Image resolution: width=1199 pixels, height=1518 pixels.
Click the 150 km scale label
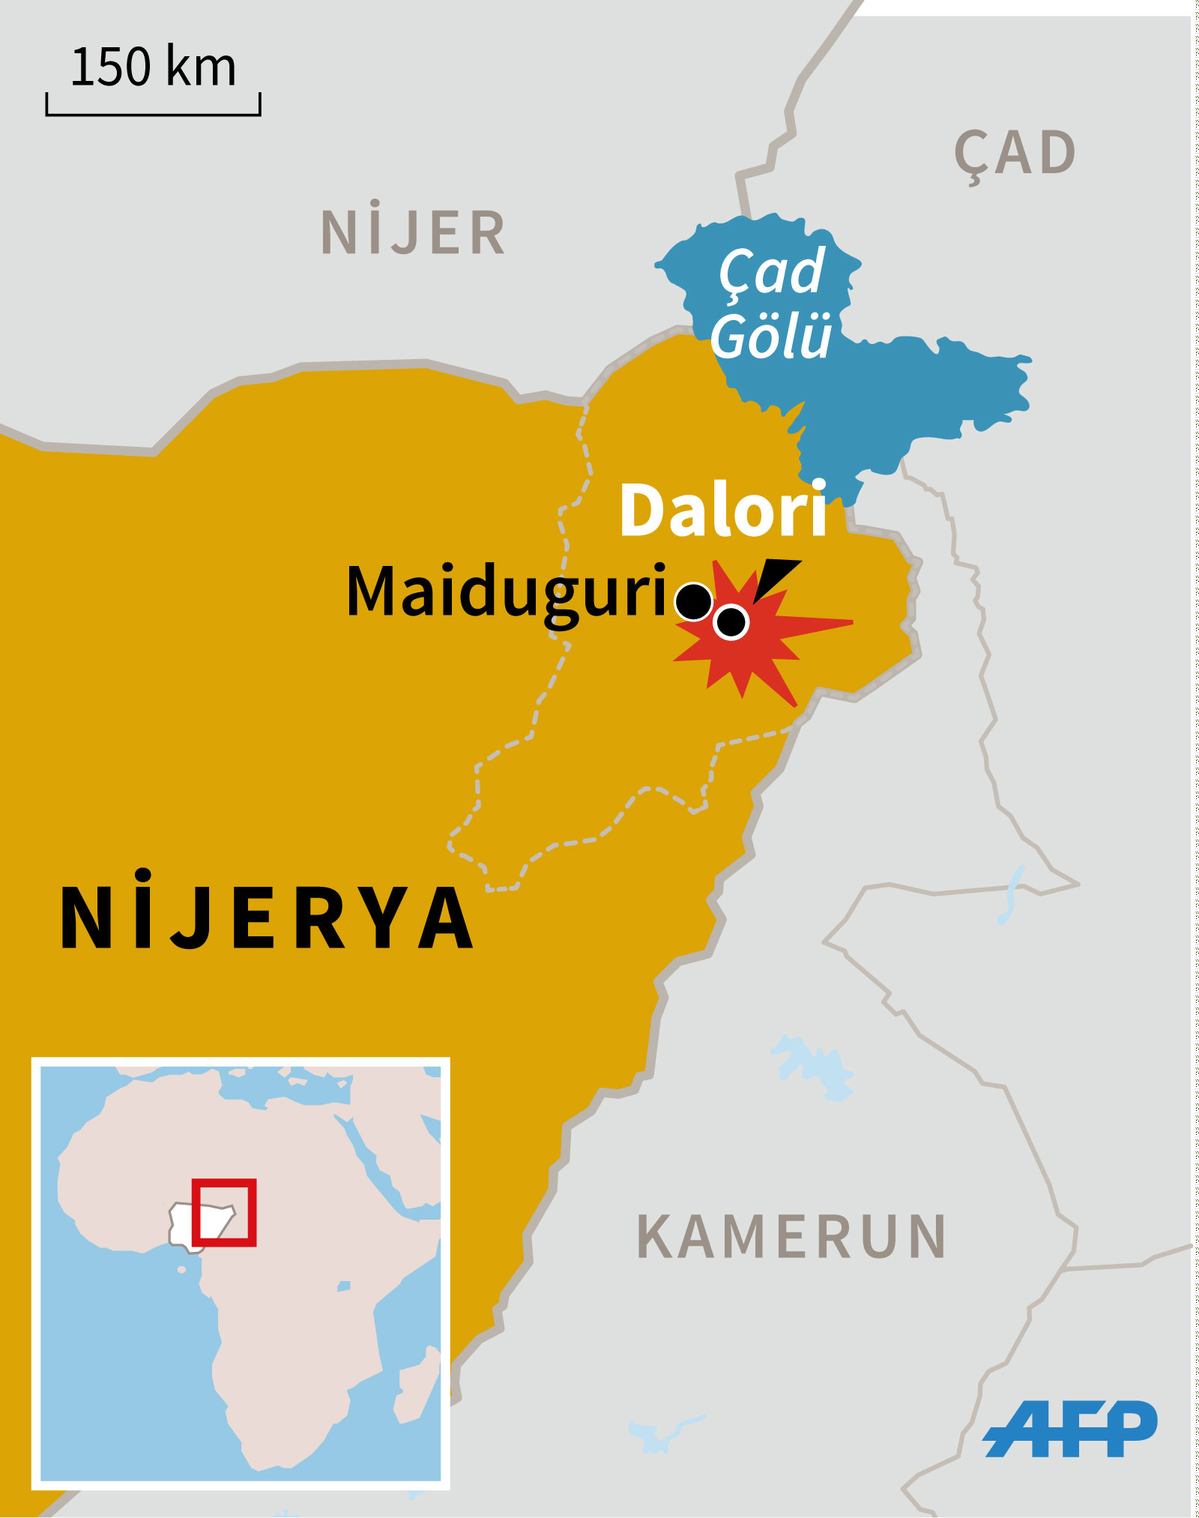(x=153, y=67)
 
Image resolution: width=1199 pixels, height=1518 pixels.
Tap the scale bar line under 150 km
(x=153, y=114)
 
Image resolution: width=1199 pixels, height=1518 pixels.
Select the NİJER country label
(x=413, y=233)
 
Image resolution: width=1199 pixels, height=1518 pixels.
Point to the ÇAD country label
(x=1015, y=154)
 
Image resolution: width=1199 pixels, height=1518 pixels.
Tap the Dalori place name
(x=723, y=510)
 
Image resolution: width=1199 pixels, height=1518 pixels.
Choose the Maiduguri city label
(x=507, y=592)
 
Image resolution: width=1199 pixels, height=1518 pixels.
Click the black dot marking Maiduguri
(x=694, y=601)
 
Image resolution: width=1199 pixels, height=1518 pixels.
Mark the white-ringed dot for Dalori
(x=731, y=621)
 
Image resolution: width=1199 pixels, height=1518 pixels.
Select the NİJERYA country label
(x=267, y=918)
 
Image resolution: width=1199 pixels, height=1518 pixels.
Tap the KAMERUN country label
(x=791, y=1237)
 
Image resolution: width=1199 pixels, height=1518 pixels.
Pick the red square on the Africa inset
(x=224, y=1212)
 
